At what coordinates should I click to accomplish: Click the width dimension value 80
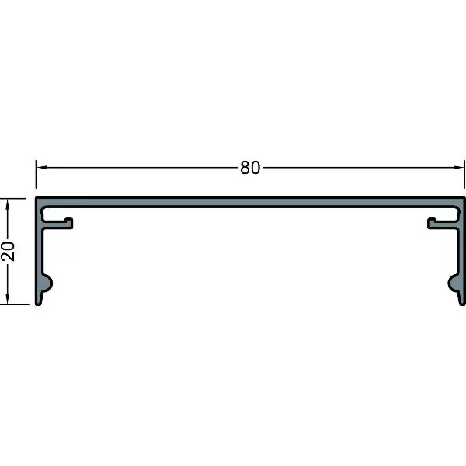click(250, 168)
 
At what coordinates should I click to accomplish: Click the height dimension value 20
click(8, 251)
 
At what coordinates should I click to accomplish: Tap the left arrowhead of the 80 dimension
click(41, 167)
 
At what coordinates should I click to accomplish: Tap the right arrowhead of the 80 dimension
click(458, 167)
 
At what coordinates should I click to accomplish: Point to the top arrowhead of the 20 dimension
click(8, 203)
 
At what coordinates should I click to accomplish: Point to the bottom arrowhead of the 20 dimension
click(8, 299)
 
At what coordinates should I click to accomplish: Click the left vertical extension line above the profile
click(36, 174)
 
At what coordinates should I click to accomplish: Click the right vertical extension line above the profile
click(464, 174)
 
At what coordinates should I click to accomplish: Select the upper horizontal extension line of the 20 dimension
click(13, 198)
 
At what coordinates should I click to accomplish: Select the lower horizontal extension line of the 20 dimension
click(14, 304)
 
